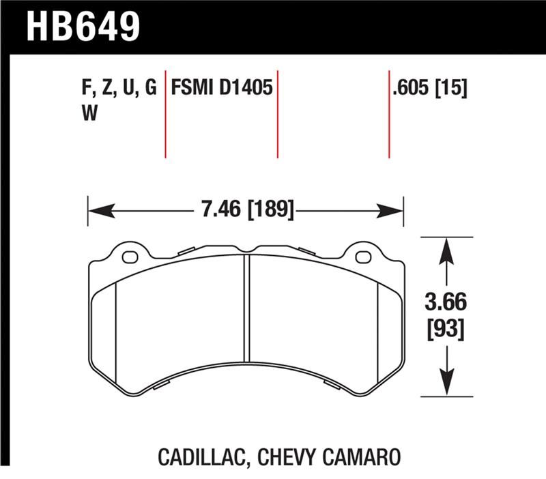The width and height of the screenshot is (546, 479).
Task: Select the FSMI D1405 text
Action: point(222,88)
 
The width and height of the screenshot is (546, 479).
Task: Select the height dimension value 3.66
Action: point(446,301)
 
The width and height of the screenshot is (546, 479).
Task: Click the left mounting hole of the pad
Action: point(130,257)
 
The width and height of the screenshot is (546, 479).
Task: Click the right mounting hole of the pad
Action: point(363,257)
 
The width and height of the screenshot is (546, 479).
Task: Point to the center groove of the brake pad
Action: point(247,307)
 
